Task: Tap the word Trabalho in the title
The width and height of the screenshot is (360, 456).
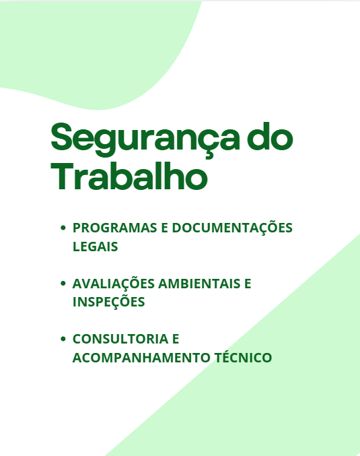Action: (129, 176)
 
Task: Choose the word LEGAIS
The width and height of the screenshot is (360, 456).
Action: (95, 247)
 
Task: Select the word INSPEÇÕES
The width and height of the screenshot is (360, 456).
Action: (108, 302)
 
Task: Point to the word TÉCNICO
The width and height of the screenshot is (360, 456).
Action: (242, 357)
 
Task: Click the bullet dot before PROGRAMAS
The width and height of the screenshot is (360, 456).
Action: (63, 228)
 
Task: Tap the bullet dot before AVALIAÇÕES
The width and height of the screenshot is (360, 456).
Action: (63, 284)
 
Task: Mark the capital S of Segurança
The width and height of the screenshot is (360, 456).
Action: (65, 137)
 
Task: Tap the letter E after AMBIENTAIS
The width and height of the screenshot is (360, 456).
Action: (247, 284)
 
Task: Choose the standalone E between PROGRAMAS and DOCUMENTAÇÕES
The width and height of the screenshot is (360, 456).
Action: (165, 228)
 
